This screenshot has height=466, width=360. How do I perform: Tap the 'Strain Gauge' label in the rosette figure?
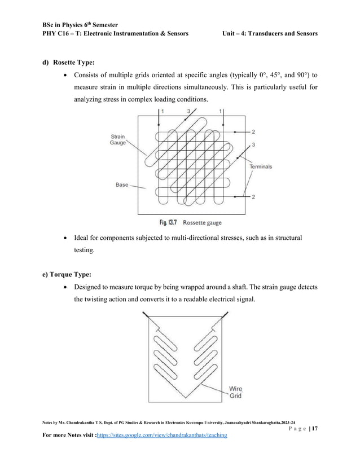(117, 139)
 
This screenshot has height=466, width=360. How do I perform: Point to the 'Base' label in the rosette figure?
(122, 185)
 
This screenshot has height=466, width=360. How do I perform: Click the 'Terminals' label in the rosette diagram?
(261, 166)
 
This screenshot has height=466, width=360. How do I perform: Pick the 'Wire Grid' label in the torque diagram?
(235, 393)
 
